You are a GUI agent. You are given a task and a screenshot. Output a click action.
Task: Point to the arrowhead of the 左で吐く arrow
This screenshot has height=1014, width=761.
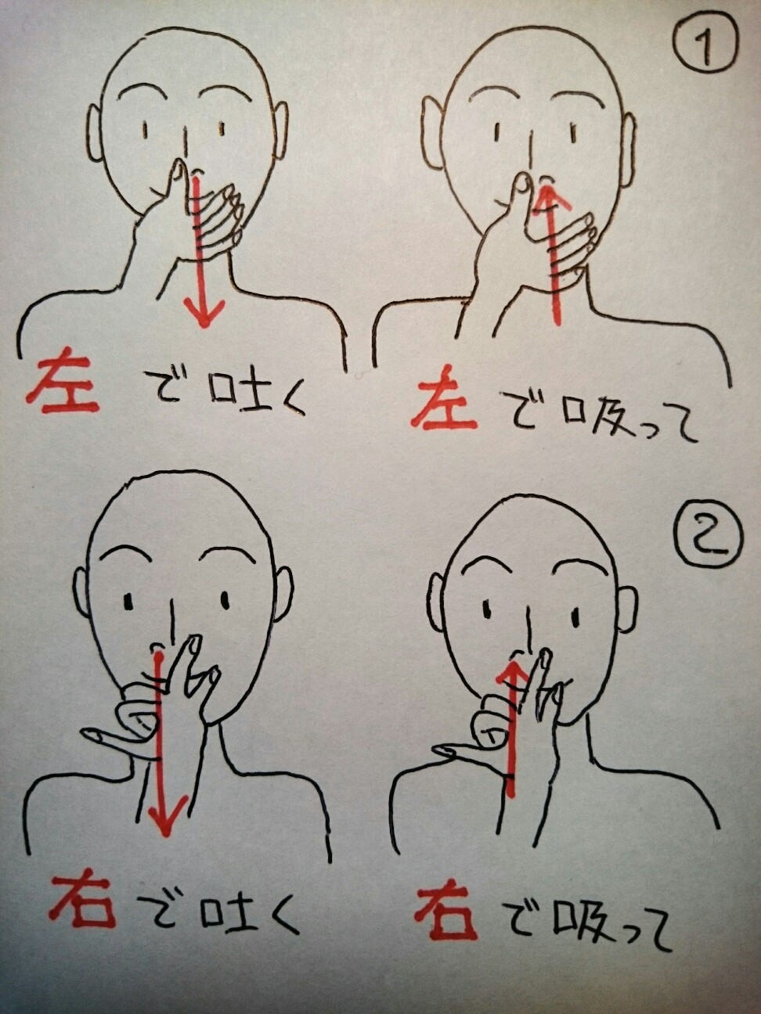(204, 313)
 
